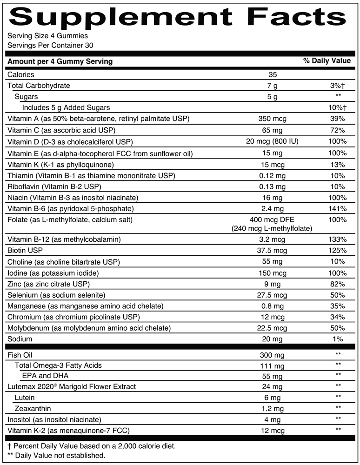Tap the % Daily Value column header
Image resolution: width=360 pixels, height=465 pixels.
[327, 61]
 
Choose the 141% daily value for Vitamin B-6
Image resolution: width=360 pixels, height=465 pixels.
[335, 208]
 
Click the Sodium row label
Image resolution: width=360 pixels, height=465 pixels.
[20, 339]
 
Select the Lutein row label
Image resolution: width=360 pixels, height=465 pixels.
[25, 398]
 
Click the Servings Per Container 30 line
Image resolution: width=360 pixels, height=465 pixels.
[41, 45]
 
